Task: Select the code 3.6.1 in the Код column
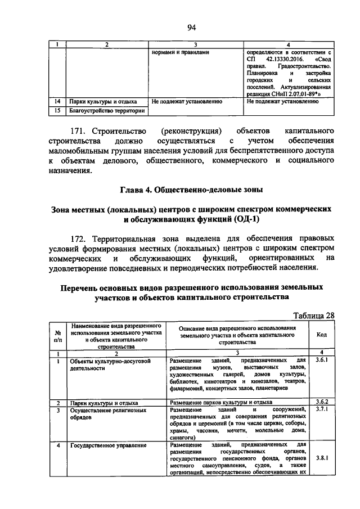[x=321, y=359]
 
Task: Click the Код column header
[x=321, y=335]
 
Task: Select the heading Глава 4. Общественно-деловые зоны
[x=191, y=188]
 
